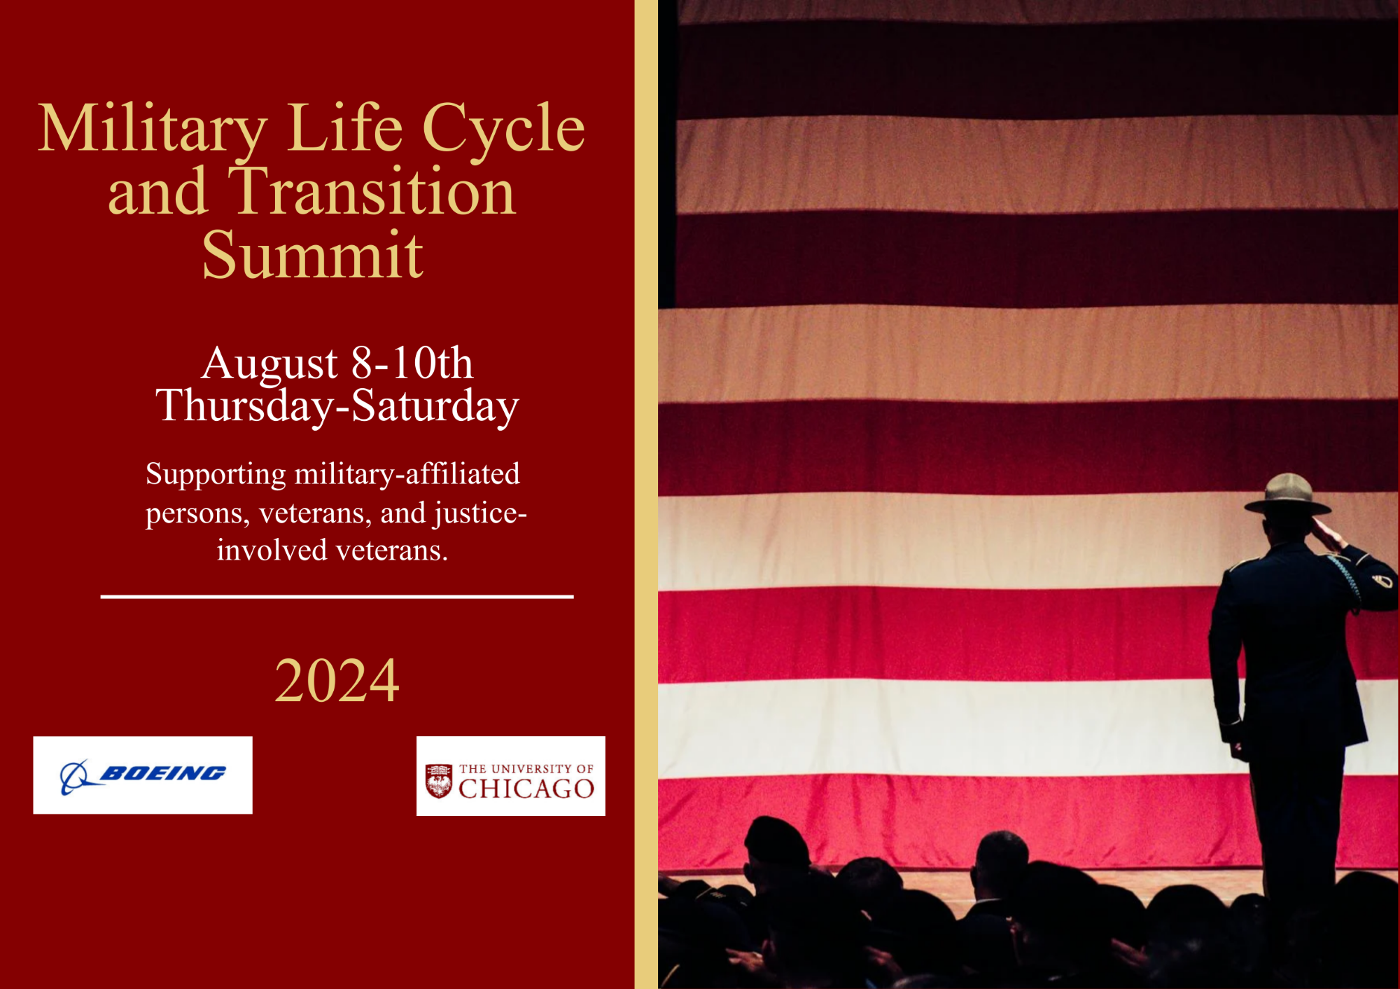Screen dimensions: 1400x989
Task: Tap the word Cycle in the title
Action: coord(503,130)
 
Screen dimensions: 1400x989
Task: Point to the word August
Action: coord(269,364)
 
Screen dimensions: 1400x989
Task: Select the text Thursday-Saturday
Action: coord(337,406)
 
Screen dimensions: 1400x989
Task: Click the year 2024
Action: coord(337,680)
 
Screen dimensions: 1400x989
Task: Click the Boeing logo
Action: coord(143,775)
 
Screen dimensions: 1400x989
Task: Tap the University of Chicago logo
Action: coord(511,776)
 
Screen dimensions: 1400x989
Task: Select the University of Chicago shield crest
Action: coord(439,782)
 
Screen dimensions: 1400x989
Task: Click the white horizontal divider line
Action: coord(337,597)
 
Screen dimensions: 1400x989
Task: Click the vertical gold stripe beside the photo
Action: coord(646,494)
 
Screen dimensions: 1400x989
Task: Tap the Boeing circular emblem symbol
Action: coord(75,777)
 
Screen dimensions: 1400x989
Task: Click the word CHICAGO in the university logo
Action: coord(526,789)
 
